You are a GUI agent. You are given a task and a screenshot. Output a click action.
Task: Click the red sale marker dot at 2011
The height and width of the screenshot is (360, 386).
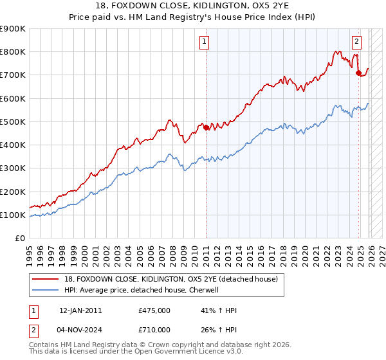coord(206,127)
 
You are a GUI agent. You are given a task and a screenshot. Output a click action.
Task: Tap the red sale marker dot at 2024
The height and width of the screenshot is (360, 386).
coord(358,73)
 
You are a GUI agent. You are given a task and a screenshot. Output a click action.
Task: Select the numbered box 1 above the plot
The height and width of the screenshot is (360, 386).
coord(204,42)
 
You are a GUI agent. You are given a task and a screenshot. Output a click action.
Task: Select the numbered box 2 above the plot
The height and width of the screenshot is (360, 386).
coord(356,42)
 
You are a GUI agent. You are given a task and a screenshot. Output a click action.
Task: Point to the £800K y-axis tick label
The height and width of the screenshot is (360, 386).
coord(12,52)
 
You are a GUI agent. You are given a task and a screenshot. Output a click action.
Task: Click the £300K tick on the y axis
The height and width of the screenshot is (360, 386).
coord(12,168)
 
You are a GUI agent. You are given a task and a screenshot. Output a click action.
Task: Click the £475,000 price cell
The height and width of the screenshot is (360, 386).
coord(154,310)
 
